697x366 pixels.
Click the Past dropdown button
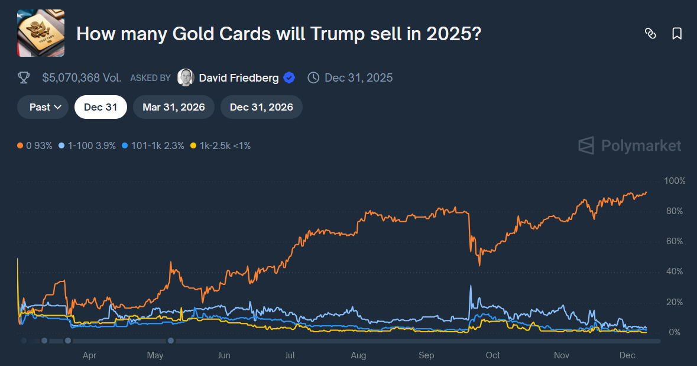tap(43, 107)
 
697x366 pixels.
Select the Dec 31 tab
tap(101, 107)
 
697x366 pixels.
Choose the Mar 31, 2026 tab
tap(174, 107)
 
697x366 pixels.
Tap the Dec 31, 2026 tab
tap(261, 107)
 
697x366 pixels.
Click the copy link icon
tap(650, 34)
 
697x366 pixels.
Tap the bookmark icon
tap(677, 34)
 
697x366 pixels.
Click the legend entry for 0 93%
tap(35, 145)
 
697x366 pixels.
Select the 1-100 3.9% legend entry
tap(87, 145)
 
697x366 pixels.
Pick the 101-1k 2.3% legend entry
tap(153, 145)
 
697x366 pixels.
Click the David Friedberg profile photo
tap(186, 77)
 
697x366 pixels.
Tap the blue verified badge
tap(289, 77)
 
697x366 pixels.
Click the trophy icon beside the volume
tap(24, 77)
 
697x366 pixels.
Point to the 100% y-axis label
tap(675, 181)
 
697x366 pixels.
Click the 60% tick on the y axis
tap(675, 242)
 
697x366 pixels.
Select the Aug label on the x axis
tap(358, 355)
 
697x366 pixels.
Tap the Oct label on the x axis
tap(492, 355)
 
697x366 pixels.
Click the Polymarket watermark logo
tap(630, 145)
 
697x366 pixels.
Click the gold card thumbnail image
tap(41, 33)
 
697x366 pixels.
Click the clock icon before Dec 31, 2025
tap(314, 77)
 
